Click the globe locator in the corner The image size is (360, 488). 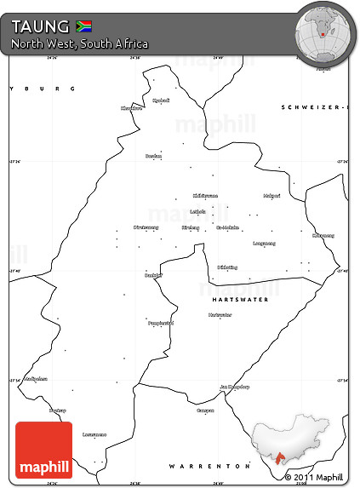pos(323,31)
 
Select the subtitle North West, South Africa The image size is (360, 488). pos(80,43)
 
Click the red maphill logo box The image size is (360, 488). pos(44,450)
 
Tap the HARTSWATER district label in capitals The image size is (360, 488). pos(240,300)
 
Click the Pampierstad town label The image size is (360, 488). pos(161,323)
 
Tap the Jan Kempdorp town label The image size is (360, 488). pos(235,386)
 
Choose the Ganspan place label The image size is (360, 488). pos(205,410)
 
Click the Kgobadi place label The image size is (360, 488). pos(161,100)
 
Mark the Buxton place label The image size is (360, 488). pos(153,156)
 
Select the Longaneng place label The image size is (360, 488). pos(264,243)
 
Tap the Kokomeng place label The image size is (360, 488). pos(323,235)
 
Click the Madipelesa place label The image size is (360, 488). pos(36,378)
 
